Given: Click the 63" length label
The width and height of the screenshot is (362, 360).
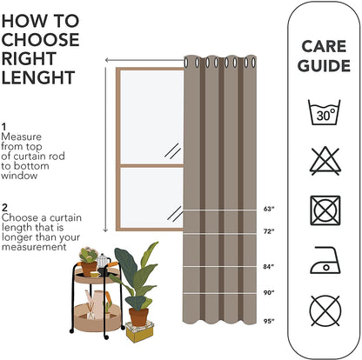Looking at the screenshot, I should [x=268, y=210].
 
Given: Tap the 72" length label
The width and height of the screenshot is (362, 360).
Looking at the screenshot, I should [x=268, y=231].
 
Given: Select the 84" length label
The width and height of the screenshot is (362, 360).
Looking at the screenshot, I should [x=268, y=266].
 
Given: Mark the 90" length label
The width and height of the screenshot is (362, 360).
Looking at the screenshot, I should [x=268, y=292].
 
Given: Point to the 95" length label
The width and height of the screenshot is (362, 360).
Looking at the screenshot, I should [x=268, y=322].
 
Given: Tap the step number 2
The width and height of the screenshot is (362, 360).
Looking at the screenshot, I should [x=5, y=206].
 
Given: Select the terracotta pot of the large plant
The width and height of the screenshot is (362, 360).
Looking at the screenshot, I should [x=137, y=316].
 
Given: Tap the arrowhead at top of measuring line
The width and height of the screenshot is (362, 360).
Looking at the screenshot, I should [x=106, y=61].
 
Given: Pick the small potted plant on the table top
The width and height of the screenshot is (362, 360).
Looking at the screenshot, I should [x=87, y=257].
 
